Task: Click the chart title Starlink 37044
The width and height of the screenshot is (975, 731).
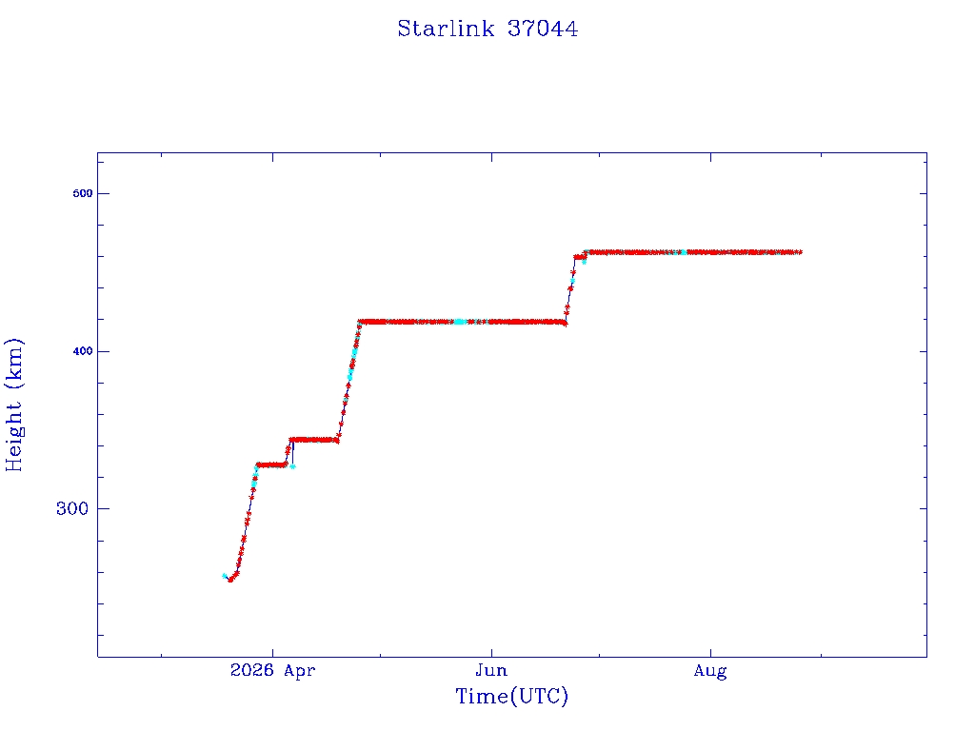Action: click(x=487, y=29)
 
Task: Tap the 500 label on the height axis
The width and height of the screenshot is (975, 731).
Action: click(x=82, y=193)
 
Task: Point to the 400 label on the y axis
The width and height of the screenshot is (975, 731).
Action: click(x=82, y=351)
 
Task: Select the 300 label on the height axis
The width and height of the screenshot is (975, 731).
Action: click(x=72, y=508)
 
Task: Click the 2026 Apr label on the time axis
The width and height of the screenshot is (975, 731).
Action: click(x=272, y=670)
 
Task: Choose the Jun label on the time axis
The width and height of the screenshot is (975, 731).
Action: click(x=491, y=670)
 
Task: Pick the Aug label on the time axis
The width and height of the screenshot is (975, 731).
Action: click(x=710, y=671)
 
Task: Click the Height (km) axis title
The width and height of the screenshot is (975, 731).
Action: click(x=13, y=405)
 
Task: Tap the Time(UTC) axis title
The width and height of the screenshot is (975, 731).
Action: click(x=511, y=696)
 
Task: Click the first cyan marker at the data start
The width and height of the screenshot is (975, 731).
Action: click(x=225, y=576)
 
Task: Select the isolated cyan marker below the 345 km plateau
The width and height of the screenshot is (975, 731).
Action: click(x=293, y=466)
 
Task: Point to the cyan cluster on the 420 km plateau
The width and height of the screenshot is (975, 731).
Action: click(x=460, y=322)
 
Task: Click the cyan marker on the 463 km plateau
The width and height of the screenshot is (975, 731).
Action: click(x=684, y=252)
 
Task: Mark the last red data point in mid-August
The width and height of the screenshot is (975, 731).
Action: click(x=800, y=252)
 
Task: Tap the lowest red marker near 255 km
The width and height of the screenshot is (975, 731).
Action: click(x=230, y=580)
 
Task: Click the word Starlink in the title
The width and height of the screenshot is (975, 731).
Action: click(x=446, y=29)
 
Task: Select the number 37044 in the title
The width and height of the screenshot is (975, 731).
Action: click(x=543, y=29)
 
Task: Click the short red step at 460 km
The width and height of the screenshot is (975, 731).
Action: click(x=580, y=257)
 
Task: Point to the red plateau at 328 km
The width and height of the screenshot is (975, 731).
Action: click(x=271, y=464)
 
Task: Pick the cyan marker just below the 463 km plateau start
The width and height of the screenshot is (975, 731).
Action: click(x=584, y=263)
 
